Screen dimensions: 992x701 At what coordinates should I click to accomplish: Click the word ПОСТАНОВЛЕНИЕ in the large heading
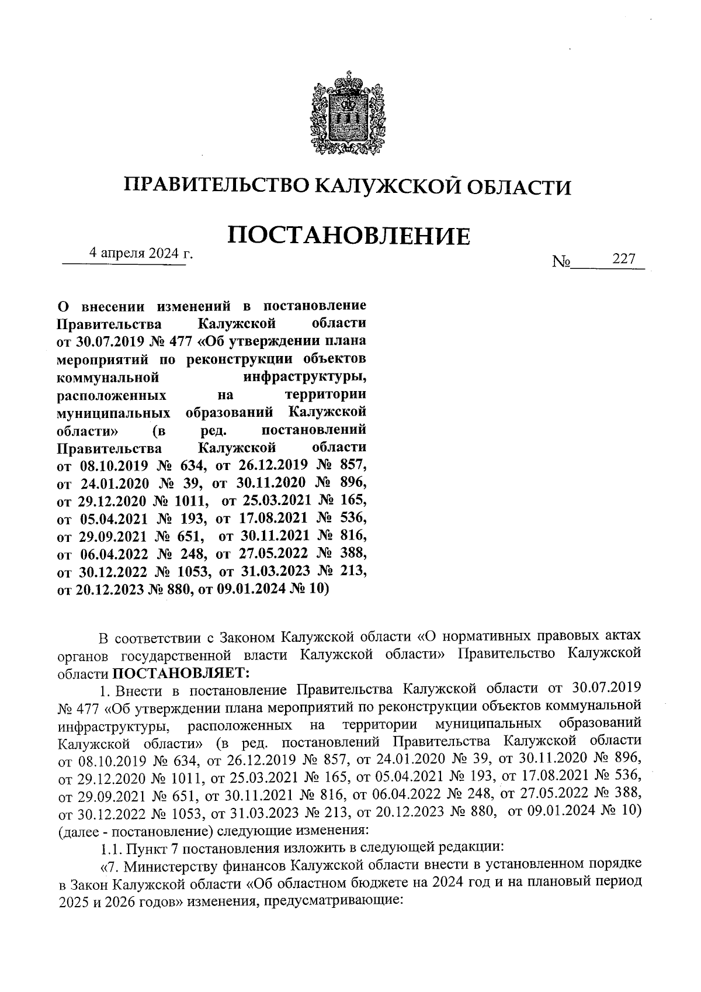click(348, 235)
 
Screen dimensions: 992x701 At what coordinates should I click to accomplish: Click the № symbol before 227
click(561, 261)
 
